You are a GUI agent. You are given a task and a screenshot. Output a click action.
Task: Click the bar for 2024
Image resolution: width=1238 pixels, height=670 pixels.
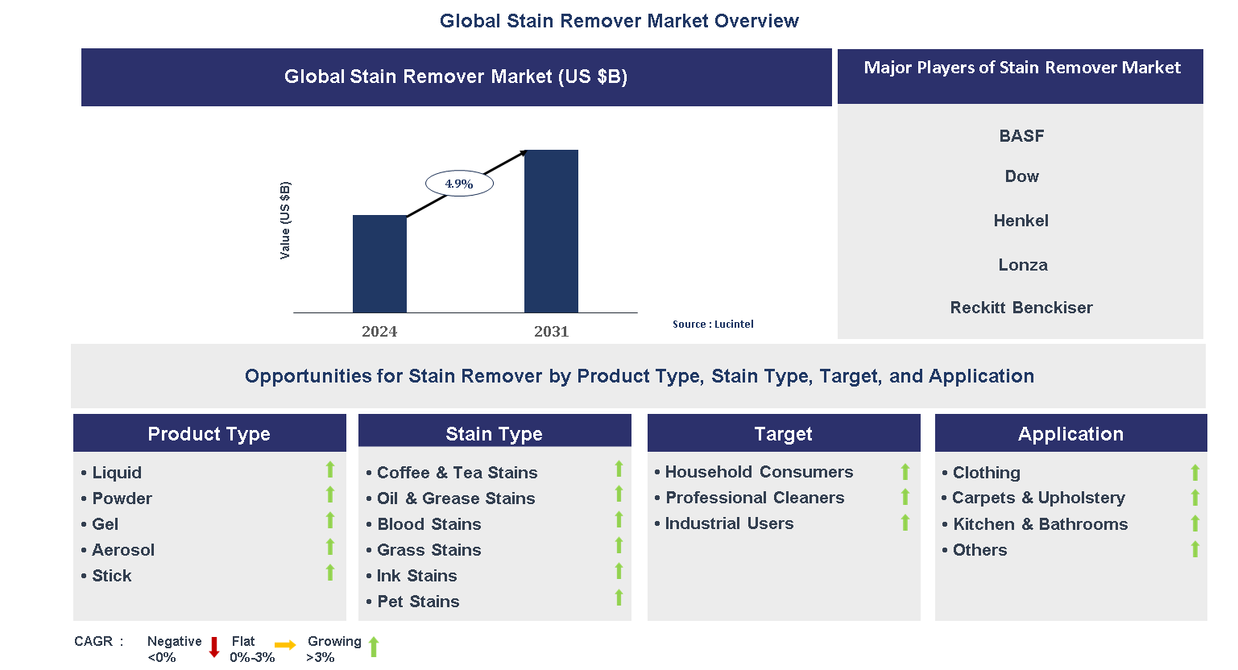click(x=379, y=263)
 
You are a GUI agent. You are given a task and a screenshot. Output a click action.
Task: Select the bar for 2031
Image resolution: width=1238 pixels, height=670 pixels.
click(x=551, y=231)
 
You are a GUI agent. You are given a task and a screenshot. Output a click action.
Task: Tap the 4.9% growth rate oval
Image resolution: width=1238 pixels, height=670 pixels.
click(x=459, y=184)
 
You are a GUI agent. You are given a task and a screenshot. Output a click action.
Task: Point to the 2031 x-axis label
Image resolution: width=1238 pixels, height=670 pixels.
click(x=551, y=331)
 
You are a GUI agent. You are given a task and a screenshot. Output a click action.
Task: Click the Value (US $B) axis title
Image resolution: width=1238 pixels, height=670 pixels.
click(x=285, y=221)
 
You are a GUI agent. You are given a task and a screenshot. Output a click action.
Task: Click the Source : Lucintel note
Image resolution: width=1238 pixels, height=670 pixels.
click(x=713, y=324)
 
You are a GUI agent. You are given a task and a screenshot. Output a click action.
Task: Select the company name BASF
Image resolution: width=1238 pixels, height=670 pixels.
click(x=1021, y=136)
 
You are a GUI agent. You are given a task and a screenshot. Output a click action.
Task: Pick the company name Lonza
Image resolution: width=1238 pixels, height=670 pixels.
click(x=1022, y=265)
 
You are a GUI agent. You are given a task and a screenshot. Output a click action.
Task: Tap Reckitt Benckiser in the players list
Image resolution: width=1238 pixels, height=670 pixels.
click(x=1021, y=308)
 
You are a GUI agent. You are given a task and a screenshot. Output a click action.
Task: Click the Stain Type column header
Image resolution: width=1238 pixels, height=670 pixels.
click(x=494, y=434)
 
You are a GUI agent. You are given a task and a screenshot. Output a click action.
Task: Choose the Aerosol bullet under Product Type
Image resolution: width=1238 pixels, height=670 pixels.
click(x=122, y=550)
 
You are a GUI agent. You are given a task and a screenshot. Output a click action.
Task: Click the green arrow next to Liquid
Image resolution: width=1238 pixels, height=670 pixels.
click(x=330, y=469)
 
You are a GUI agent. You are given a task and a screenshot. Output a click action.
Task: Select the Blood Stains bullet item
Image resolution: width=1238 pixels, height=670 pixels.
click(x=429, y=524)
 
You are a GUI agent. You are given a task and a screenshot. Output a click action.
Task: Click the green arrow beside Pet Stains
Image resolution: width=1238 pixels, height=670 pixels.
click(x=619, y=598)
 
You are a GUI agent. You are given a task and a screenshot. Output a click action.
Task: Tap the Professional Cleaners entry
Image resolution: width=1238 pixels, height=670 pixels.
click(x=754, y=498)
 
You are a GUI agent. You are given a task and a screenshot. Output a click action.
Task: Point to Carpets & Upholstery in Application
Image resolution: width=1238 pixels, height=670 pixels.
click(x=1037, y=498)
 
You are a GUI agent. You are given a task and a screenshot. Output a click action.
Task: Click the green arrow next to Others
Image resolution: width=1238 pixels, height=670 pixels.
click(x=1195, y=549)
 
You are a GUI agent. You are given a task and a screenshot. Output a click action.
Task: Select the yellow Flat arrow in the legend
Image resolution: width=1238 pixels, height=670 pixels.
click(x=285, y=645)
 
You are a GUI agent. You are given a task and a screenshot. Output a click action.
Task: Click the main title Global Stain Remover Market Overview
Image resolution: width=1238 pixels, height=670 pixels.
click(x=619, y=21)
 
